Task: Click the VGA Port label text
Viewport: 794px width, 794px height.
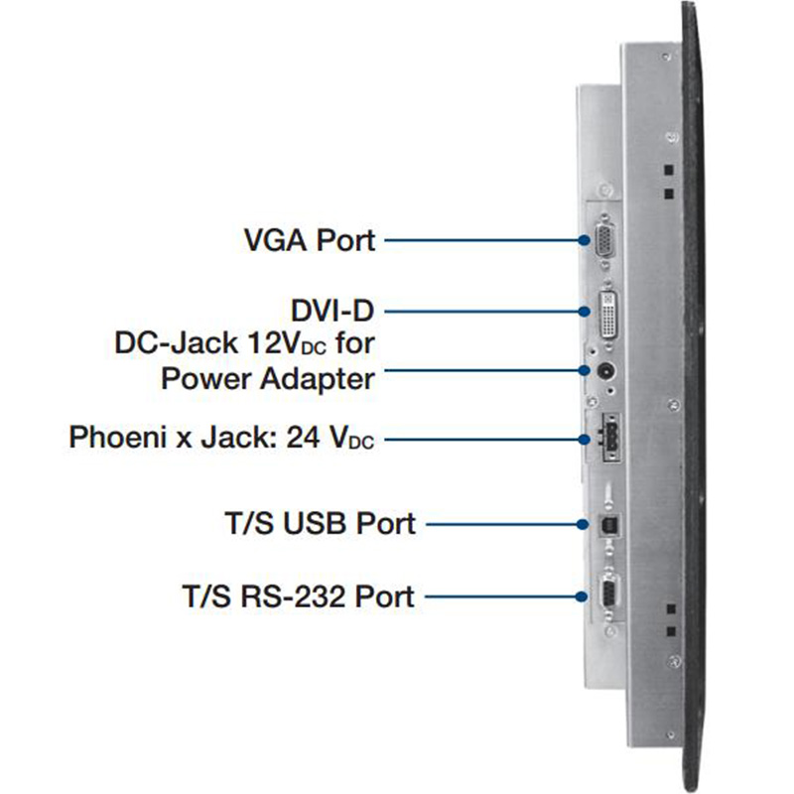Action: tap(310, 239)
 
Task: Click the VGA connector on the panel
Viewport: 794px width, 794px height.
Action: tap(602, 239)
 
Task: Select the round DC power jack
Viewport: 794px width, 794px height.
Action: tap(605, 373)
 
